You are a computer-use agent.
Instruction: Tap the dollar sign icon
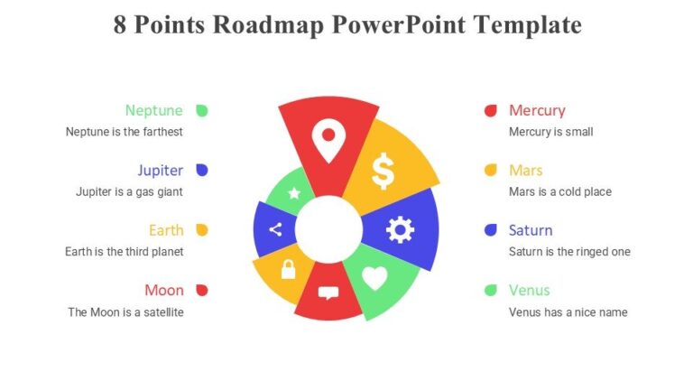tap(383, 171)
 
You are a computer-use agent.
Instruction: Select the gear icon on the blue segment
tap(400, 230)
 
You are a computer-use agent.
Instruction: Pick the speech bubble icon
tap(328, 292)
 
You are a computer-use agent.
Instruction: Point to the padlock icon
tap(288, 269)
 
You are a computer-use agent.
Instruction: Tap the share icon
tap(275, 229)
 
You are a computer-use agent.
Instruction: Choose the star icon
tap(294, 192)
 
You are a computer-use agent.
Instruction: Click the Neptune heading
tap(153, 110)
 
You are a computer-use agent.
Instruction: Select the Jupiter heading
tap(160, 170)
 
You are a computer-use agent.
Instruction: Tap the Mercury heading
tap(537, 110)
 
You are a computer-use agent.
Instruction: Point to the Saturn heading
tap(531, 230)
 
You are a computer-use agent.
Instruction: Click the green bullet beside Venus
tap(491, 290)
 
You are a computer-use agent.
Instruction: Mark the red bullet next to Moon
tap(202, 290)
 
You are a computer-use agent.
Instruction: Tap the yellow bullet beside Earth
tap(202, 230)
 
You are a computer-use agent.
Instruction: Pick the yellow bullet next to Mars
tap(491, 170)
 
